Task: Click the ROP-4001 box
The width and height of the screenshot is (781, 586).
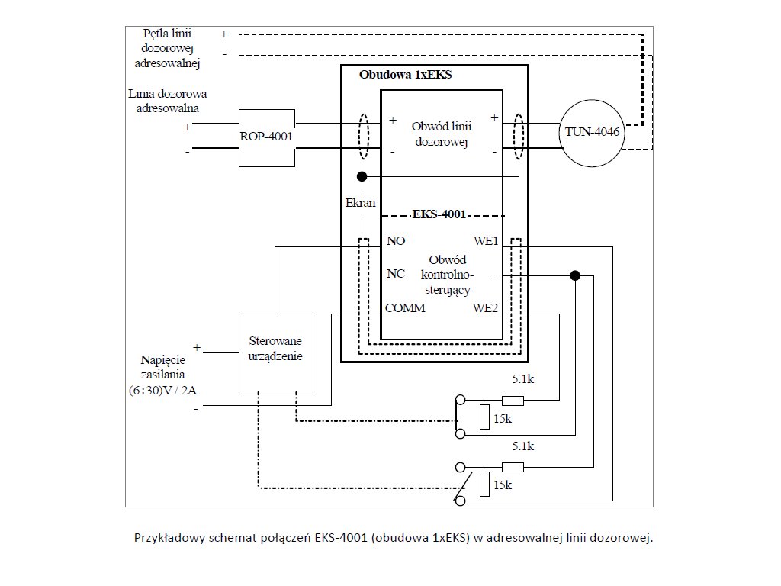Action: [x=267, y=138]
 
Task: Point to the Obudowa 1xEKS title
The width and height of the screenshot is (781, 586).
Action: [x=405, y=76]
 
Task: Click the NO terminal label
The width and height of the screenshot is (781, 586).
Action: [x=396, y=241]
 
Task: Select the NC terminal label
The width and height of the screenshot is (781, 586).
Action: [x=396, y=275]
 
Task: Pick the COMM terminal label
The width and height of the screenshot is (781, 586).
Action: [x=405, y=308]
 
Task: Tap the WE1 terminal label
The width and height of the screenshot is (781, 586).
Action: [x=485, y=241]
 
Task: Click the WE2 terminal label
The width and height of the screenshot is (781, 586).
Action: [x=485, y=308]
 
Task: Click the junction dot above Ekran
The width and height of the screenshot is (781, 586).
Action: [x=362, y=176]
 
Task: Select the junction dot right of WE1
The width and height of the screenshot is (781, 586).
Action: [x=576, y=275]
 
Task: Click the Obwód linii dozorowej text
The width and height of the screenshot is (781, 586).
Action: [x=439, y=134]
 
